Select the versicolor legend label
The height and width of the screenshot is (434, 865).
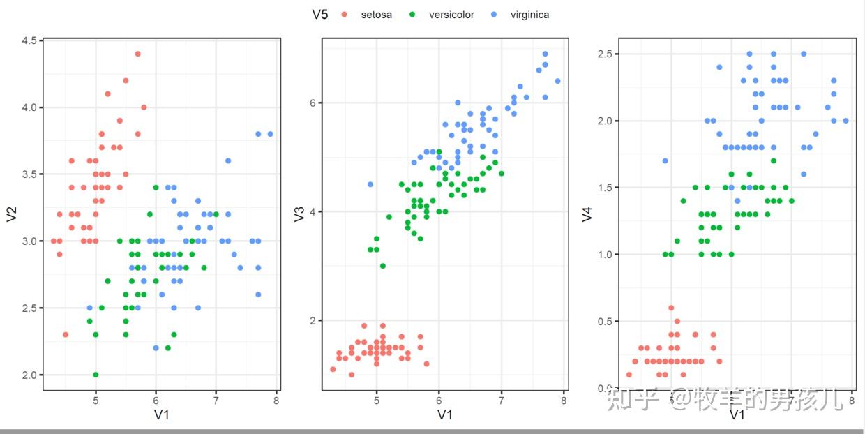pyautogui.click(x=451, y=15)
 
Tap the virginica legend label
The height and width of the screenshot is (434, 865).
pyautogui.click(x=529, y=15)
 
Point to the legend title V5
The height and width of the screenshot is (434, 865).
pyautogui.click(x=320, y=15)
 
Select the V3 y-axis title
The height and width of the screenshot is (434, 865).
pyautogui.click(x=300, y=214)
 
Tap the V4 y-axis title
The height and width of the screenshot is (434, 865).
pyautogui.click(x=588, y=214)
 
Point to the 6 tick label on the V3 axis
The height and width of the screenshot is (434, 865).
pyautogui.click(x=313, y=103)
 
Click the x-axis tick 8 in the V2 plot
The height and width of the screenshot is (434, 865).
pyautogui.click(x=276, y=401)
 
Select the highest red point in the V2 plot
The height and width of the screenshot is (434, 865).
pyautogui.click(x=137, y=54)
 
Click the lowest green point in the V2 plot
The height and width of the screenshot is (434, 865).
pyautogui.click(x=96, y=375)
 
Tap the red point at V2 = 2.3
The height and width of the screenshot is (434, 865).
pyautogui.click(x=66, y=334)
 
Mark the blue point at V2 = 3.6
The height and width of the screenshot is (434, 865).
pyautogui.click(x=228, y=160)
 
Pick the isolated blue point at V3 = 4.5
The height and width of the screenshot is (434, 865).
pyautogui.click(x=370, y=184)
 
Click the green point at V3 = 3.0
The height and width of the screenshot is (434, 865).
pyautogui.click(x=382, y=266)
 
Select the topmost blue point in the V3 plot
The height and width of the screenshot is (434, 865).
pyautogui.click(x=545, y=54)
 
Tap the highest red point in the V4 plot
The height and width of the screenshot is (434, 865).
pyautogui.click(x=671, y=308)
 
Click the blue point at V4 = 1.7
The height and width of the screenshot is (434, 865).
pyautogui.click(x=665, y=160)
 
